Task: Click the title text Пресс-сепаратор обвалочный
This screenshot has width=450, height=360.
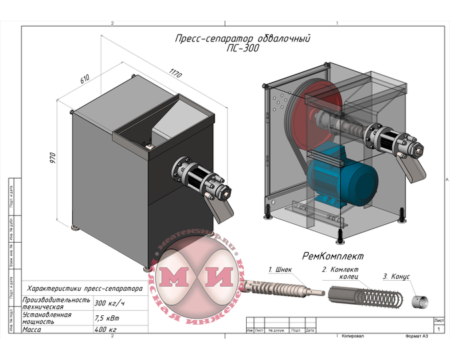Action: [x=242, y=39]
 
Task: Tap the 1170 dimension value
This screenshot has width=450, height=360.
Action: [x=175, y=71]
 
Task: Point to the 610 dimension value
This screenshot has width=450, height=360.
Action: [x=85, y=79]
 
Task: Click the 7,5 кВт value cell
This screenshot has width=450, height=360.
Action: [x=107, y=318]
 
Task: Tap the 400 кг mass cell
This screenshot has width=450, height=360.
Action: [x=105, y=330]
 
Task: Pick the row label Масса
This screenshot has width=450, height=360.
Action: [x=33, y=330]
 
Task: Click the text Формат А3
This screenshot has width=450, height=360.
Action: [x=417, y=337]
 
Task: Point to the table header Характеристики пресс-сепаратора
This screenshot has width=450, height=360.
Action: [x=83, y=290]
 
